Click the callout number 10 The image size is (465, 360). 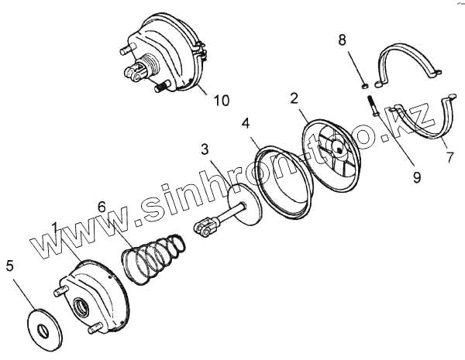(x=222, y=101)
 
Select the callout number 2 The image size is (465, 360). (x=294, y=98)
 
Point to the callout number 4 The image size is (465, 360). (x=246, y=122)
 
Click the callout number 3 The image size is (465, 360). (x=205, y=148)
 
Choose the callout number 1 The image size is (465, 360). (x=55, y=228)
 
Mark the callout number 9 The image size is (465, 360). (x=417, y=177)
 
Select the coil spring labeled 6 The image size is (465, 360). (x=153, y=260)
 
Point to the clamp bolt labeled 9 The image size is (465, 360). (x=370, y=105)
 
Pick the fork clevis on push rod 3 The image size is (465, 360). (x=204, y=228)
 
